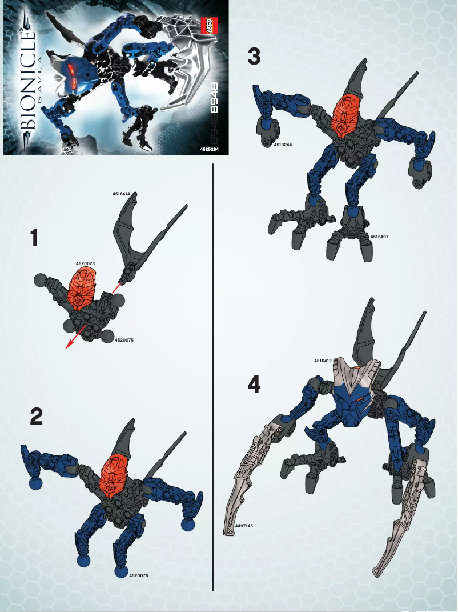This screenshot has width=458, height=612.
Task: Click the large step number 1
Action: tap(35, 238)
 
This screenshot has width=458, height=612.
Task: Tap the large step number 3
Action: tap(254, 57)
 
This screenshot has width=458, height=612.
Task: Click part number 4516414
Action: tap(122, 194)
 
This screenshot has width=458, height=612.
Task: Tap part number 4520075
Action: tap(123, 340)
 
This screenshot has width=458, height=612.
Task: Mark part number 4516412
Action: tap(323, 361)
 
